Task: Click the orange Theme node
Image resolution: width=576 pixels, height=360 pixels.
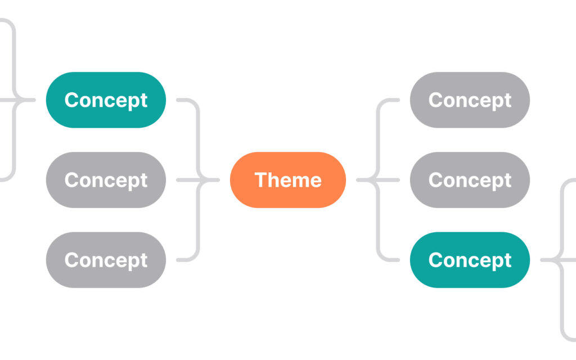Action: point(288,180)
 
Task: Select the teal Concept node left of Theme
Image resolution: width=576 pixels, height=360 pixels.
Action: point(106,100)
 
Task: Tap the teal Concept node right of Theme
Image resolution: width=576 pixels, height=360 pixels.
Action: point(470,260)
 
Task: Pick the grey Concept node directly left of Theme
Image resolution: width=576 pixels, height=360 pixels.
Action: point(106,180)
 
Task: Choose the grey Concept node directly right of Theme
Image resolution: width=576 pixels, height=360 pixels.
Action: point(470,180)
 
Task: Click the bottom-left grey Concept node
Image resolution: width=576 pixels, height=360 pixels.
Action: point(106,260)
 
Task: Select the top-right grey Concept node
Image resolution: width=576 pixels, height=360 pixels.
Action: point(470,100)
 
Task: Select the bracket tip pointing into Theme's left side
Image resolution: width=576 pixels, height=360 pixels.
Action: point(218,180)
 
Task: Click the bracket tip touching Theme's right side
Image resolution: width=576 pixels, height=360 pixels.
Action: point(358,180)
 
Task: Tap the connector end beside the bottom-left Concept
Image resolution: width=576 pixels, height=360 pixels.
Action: point(178,260)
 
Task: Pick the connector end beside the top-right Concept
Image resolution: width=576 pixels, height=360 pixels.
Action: point(398,100)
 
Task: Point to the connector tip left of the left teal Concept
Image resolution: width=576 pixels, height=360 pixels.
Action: point(34,100)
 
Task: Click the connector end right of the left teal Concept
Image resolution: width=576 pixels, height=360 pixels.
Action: point(178,100)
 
